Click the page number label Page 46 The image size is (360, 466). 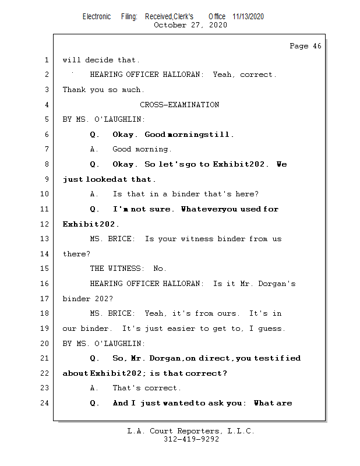305,46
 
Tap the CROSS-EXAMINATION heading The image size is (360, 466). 179,105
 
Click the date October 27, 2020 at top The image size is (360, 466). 190,25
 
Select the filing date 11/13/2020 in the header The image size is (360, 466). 248,16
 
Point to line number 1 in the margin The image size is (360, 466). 46,60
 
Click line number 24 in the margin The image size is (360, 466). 45,403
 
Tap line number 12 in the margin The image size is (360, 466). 45,224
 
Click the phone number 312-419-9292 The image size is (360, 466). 191,440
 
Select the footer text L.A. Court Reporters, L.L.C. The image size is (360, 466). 190,432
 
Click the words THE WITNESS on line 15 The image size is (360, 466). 117,269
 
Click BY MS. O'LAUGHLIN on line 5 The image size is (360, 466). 104,119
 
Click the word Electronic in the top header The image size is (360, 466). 97,16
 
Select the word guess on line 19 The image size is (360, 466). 271,329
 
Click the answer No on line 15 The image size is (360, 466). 160,269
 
